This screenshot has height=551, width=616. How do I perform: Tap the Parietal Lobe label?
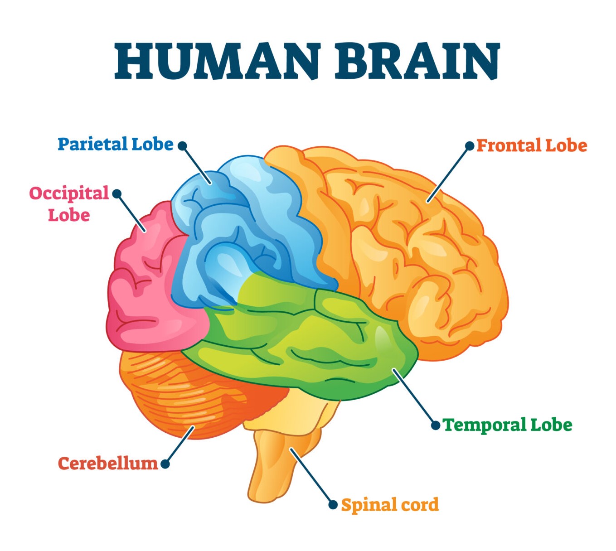pyautogui.click(x=116, y=144)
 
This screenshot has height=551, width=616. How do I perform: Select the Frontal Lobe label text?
pyautogui.click(x=532, y=145)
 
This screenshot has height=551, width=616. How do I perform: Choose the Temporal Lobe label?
pyautogui.click(x=507, y=425)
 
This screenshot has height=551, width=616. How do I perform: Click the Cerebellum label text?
pyautogui.click(x=108, y=464)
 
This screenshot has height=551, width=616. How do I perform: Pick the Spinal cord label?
pyautogui.click(x=390, y=505)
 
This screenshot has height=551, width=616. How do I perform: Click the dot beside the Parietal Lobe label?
pyautogui.click(x=182, y=146)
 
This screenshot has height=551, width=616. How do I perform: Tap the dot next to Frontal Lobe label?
pyautogui.click(x=470, y=146)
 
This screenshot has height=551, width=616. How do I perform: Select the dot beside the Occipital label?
pyautogui.click(x=117, y=193)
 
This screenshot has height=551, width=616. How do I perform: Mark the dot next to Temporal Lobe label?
pyautogui.click(x=436, y=425)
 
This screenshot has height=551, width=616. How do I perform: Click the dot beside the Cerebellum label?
pyautogui.click(x=165, y=464)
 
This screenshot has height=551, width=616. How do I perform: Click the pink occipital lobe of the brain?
pyautogui.click(x=146, y=289)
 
